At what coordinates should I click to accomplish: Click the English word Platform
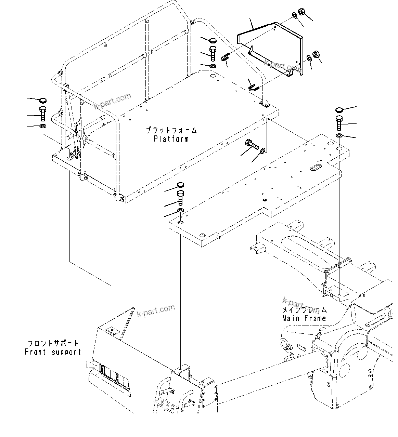[171, 139]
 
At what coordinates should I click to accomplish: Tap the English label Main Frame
[304, 318]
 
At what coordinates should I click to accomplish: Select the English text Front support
[53, 352]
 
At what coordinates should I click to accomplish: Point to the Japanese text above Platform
[171, 130]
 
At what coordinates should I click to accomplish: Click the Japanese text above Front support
[53, 343]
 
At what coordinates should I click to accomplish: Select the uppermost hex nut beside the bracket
[302, 12]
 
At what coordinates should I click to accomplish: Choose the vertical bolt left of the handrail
[43, 113]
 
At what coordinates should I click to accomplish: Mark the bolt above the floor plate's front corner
[180, 198]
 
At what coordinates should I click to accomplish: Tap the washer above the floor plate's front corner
[180, 210]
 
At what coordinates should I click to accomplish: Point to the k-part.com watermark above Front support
[156, 310]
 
